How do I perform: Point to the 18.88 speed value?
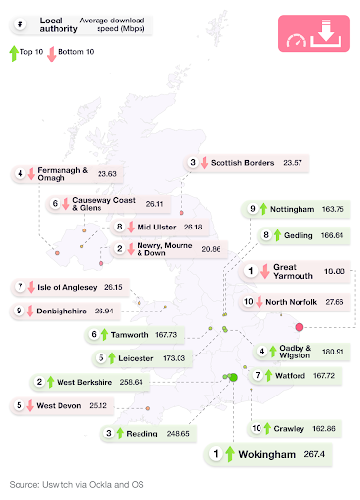coord(335,271)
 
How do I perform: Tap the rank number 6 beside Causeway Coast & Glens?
coord(54,204)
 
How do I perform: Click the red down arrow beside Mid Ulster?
coord(130,227)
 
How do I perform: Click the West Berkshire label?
coord(86,382)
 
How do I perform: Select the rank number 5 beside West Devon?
coord(20,405)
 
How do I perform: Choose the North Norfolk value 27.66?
coord(335,302)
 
